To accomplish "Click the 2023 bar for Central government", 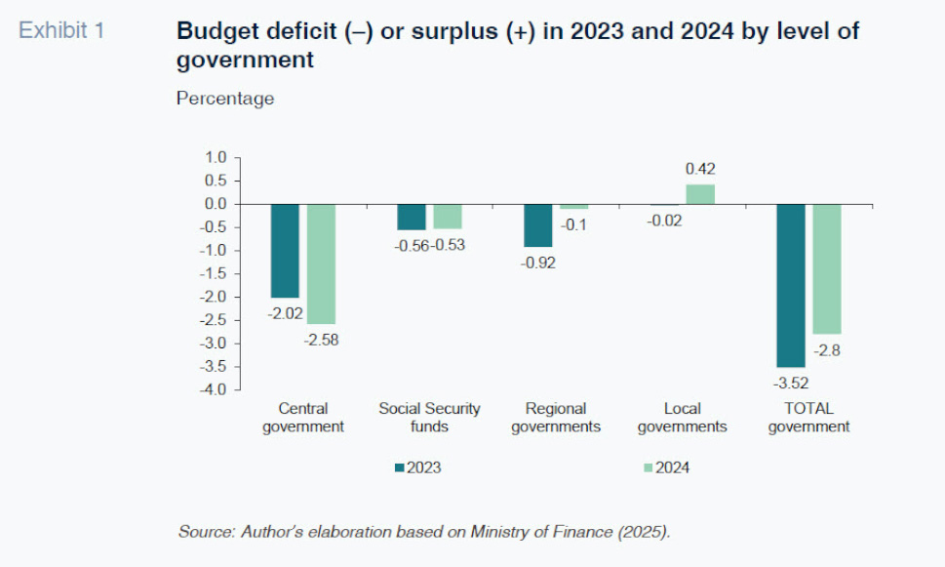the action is coord(285,251).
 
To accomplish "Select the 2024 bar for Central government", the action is coord(321,264).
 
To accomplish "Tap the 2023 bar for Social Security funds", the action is coord(412,218).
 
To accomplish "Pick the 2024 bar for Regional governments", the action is coord(573,207).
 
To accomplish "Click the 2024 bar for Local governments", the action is coord(700,194).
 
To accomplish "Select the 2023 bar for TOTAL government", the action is coord(791,286).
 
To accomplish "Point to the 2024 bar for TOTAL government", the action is coord(827,269).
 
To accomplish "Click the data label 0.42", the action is coord(700,169).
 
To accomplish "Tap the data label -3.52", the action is coord(791,383).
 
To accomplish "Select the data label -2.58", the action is coord(321,341).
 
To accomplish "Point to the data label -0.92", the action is coord(537,263).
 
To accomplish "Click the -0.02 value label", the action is coord(664,221).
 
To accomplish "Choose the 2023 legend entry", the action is coord(417,467).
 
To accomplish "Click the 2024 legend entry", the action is coord(666,467).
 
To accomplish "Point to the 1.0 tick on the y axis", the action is coord(216,157).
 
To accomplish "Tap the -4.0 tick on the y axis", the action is coord(213,389).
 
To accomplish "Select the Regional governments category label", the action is coord(556,418).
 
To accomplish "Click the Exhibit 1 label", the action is coord(61,30).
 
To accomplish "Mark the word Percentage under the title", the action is coord(225,99).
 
